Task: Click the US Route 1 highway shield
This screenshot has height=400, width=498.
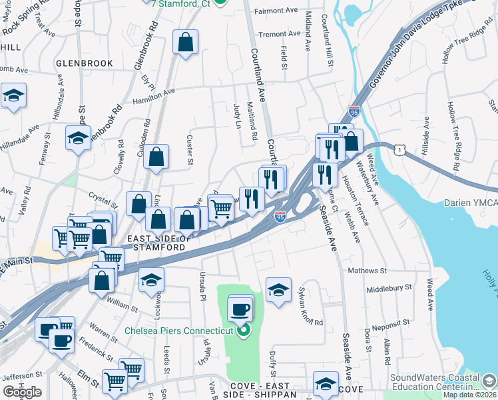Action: tap(399, 151)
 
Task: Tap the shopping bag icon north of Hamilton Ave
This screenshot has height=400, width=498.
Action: tap(186, 42)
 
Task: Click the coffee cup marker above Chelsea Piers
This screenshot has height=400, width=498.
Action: tap(240, 309)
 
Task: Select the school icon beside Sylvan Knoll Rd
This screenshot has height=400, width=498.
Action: tap(278, 290)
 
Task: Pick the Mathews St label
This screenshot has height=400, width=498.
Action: tap(368, 271)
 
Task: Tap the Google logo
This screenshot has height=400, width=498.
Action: tap(22, 391)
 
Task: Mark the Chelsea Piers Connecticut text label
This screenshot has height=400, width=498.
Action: tap(179, 331)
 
